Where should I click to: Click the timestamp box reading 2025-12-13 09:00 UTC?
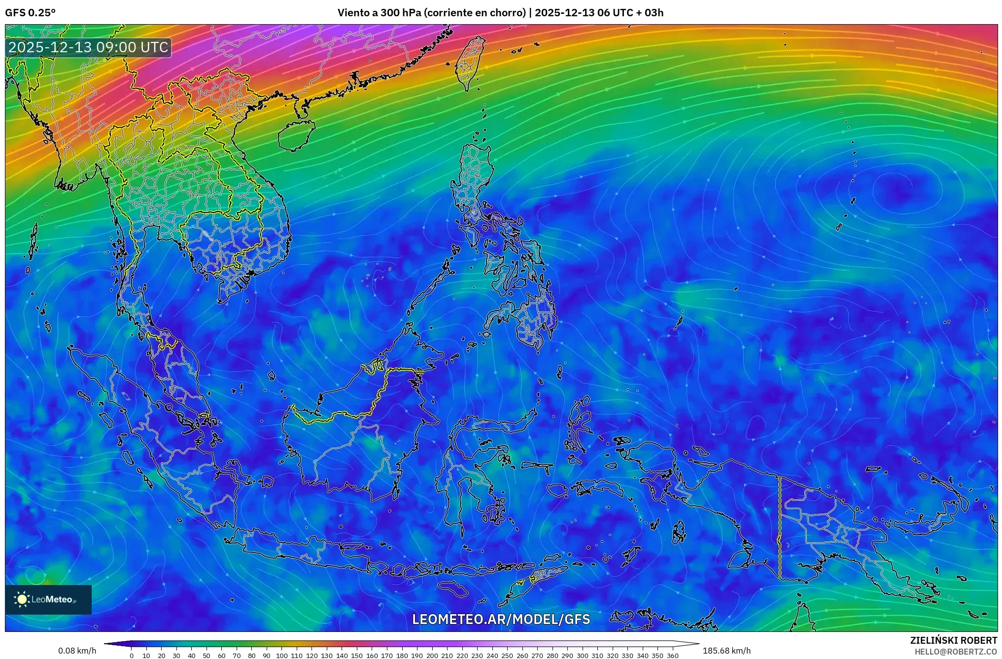pyautogui.click(x=89, y=47)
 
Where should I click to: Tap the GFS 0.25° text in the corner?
pyautogui.click(x=31, y=13)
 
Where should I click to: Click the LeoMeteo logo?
pyautogui.click(x=48, y=599)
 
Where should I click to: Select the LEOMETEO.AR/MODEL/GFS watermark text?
pyautogui.click(x=501, y=619)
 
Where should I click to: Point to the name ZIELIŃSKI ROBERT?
pyautogui.click(x=953, y=640)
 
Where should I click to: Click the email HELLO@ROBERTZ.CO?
pyautogui.click(x=956, y=652)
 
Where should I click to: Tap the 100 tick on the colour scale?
pyautogui.click(x=281, y=656)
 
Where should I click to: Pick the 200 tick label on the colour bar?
pyautogui.click(x=432, y=656)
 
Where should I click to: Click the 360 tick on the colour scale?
pyautogui.click(x=673, y=656)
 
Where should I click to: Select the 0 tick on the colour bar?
pyautogui.click(x=132, y=656)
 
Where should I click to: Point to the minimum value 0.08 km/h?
pyautogui.click(x=77, y=651)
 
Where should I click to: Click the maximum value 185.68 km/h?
pyautogui.click(x=726, y=651)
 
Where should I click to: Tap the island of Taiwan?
pyautogui.click(x=469, y=62)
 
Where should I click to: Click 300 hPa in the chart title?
pyautogui.click(x=400, y=13)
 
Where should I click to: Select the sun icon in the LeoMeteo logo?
pyautogui.click(x=22, y=599)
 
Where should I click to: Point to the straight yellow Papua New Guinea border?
pyautogui.click(x=780, y=527)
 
